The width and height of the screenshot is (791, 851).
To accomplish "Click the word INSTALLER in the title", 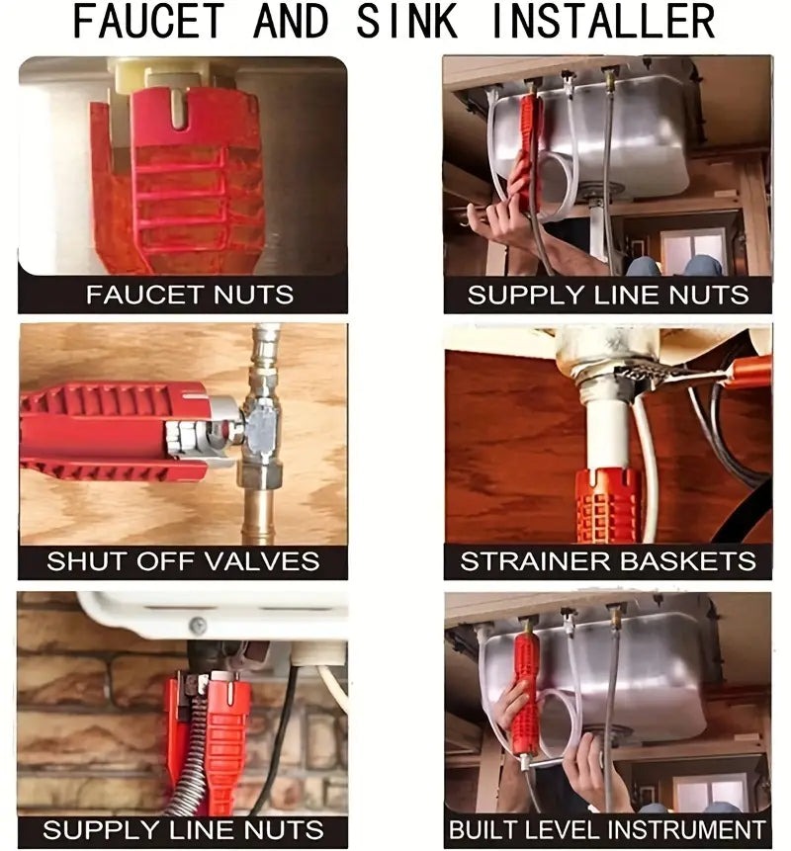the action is (x=602, y=21).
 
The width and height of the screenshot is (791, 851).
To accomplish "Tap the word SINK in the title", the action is (x=406, y=21).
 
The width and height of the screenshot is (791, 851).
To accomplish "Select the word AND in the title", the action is (x=291, y=21).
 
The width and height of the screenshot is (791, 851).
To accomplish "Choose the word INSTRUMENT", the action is (x=685, y=830).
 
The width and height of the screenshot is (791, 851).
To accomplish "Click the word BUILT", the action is (x=484, y=830).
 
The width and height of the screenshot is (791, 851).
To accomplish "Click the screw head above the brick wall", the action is (x=198, y=626).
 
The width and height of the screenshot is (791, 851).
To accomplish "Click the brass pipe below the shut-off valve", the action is (x=258, y=515).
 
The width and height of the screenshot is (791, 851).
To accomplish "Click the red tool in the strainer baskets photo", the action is (x=607, y=505).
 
